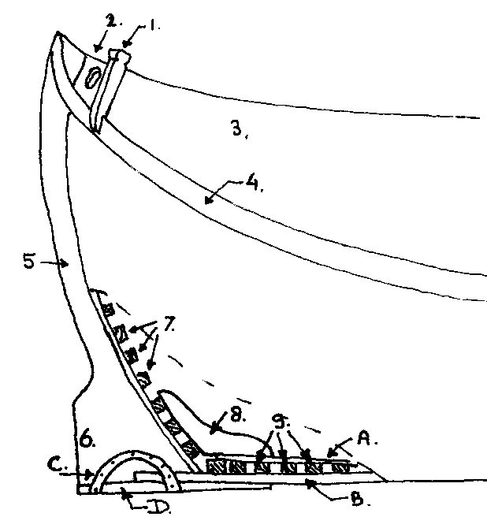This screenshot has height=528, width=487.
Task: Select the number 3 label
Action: point(238,128)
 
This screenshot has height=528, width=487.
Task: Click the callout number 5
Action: point(29,262)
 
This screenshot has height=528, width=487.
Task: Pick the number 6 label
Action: point(86,440)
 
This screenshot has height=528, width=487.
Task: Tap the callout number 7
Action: point(169,323)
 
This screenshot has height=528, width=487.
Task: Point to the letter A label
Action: point(364,438)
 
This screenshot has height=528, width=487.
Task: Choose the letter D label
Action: point(158,508)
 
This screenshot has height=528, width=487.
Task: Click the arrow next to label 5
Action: point(54,264)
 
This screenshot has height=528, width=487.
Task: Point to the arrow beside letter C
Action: point(76,474)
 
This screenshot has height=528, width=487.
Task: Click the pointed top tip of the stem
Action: point(58,32)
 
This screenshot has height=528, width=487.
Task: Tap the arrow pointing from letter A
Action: point(340,448)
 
